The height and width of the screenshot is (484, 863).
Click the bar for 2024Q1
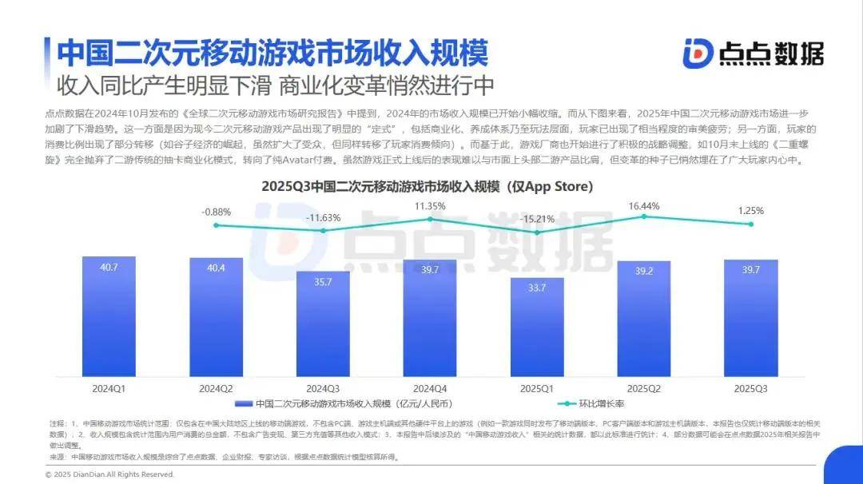point(109,316)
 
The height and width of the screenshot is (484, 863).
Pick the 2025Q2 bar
point(643,319)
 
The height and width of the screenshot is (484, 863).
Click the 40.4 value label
point(216,268)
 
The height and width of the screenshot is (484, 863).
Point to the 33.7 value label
point(537,288)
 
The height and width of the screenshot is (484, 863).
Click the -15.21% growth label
point(537,219)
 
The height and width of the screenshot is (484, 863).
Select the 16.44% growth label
point(643,206)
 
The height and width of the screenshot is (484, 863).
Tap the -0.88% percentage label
point(216,212)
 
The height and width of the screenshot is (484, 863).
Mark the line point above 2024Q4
point(430,219)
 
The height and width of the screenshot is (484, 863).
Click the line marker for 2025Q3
point(750,224)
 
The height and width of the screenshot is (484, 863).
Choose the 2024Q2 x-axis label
point(216,388)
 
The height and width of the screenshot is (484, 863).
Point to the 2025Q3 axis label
point(750,388)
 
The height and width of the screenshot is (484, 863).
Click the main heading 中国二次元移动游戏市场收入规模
point(272,53)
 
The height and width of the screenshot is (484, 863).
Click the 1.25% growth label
point(750,211)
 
